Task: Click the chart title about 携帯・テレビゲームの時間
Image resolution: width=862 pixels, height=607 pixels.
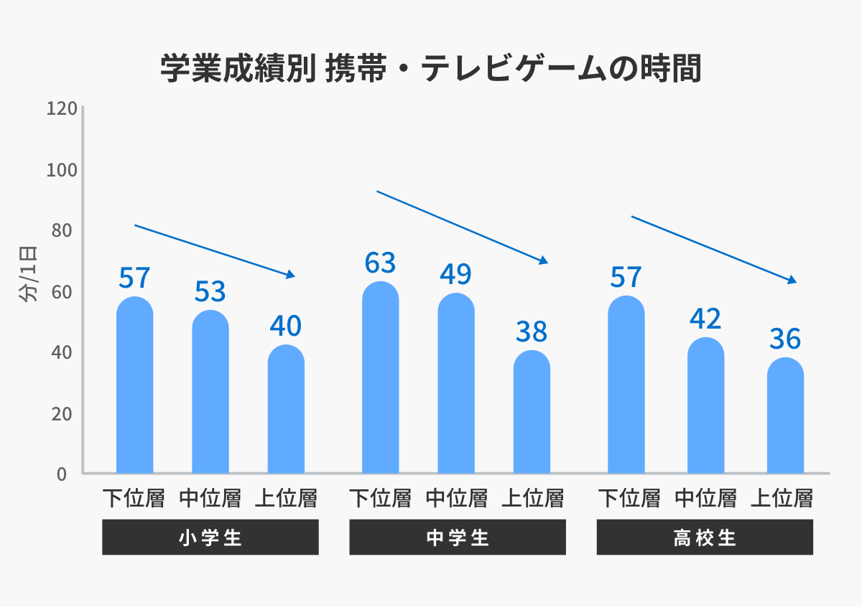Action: point(430,70)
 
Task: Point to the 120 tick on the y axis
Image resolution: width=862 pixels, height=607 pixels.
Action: point(61,109)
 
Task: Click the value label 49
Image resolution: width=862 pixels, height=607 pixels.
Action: point(455,274)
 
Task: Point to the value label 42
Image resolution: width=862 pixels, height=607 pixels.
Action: point(705,319)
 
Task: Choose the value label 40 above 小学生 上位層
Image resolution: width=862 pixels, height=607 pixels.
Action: point(286,326)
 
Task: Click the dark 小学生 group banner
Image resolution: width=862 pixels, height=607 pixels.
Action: point(210,537)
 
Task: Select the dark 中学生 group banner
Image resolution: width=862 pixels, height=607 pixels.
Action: point(458,537)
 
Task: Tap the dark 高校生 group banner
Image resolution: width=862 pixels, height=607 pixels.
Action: point(705,537)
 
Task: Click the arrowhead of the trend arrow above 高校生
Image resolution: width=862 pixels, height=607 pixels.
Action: point(793,280)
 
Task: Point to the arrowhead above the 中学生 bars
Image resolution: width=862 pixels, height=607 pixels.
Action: point(544,260)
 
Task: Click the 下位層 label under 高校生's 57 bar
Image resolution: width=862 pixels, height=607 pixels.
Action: point(629,498)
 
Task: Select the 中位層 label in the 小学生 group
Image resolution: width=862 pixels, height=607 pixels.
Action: point(210,498)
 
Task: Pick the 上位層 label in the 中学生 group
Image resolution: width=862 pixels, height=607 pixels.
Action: point(532,498)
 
